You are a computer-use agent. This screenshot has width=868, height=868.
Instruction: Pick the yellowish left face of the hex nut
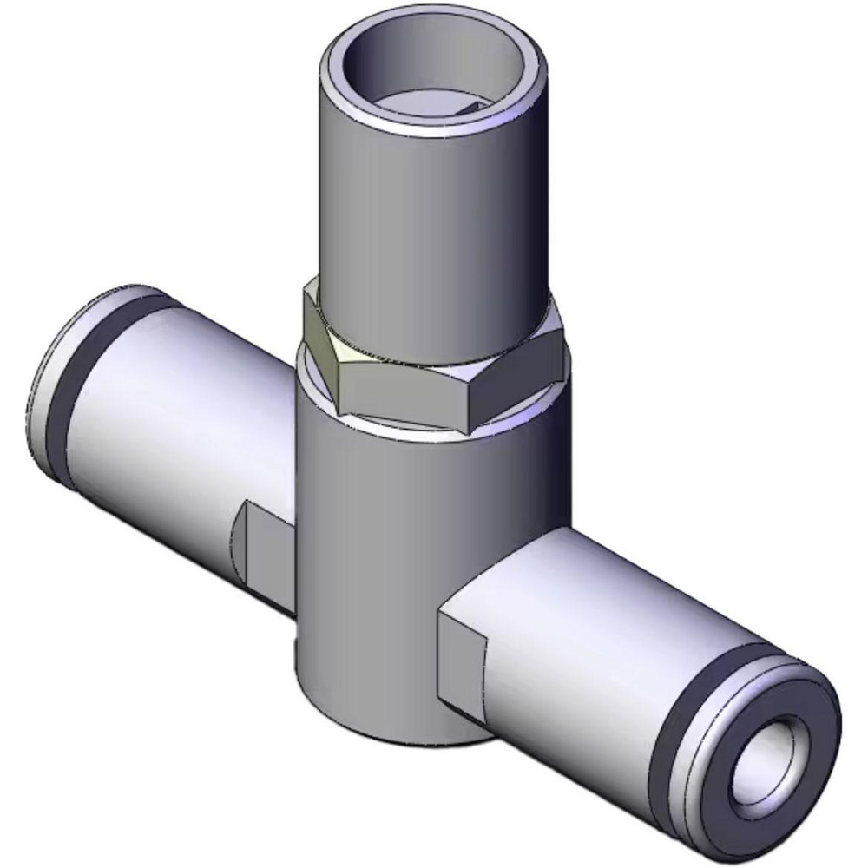320,347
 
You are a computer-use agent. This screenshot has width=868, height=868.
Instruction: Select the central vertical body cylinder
408,564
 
